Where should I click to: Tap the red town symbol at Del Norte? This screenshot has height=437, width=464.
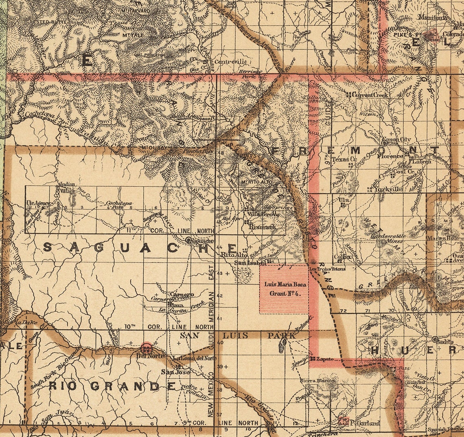pyautogui.click(x=146, y=348)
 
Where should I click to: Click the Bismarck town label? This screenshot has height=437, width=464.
pyautogui.click(x=262, y=227)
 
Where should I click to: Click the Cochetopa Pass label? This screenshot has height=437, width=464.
pyautogui.click(x=119, y=205)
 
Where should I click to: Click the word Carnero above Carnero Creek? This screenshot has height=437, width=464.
pyautogui.click(x=182, y=294)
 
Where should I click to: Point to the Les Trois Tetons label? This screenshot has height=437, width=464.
pyautogui.click(x=327, y=269)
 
